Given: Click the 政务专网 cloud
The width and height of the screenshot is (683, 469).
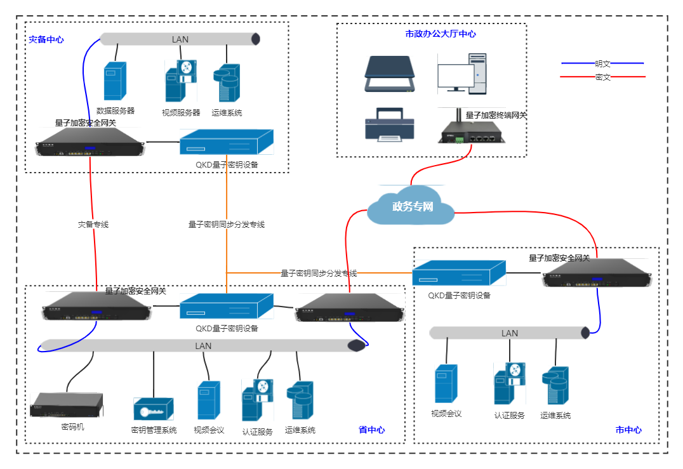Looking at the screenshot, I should coord(411,206).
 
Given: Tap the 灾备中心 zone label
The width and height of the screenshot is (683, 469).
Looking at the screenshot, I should coord(46,39).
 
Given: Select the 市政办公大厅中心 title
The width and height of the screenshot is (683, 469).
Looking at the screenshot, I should coord(441,34).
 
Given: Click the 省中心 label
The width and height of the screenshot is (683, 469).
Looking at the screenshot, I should coord(371,430).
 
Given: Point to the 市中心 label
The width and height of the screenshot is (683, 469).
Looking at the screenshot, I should coord(628,430).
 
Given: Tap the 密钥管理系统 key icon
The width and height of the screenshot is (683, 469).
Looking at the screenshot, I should coord(153,409).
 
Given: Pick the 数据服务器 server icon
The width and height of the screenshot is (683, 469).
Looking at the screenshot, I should coord(115,81).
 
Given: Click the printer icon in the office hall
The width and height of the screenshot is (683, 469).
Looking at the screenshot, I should coord(390,124).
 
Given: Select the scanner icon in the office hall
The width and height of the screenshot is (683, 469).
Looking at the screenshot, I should coord(390,74).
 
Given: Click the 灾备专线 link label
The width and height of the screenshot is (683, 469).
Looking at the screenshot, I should coord(93,224).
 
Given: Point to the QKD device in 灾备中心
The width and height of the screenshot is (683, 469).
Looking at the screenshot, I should coord(226,142).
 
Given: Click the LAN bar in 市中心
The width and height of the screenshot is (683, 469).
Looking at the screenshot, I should coord(509,333).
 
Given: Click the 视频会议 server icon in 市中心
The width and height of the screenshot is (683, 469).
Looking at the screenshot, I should coord(446,384).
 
